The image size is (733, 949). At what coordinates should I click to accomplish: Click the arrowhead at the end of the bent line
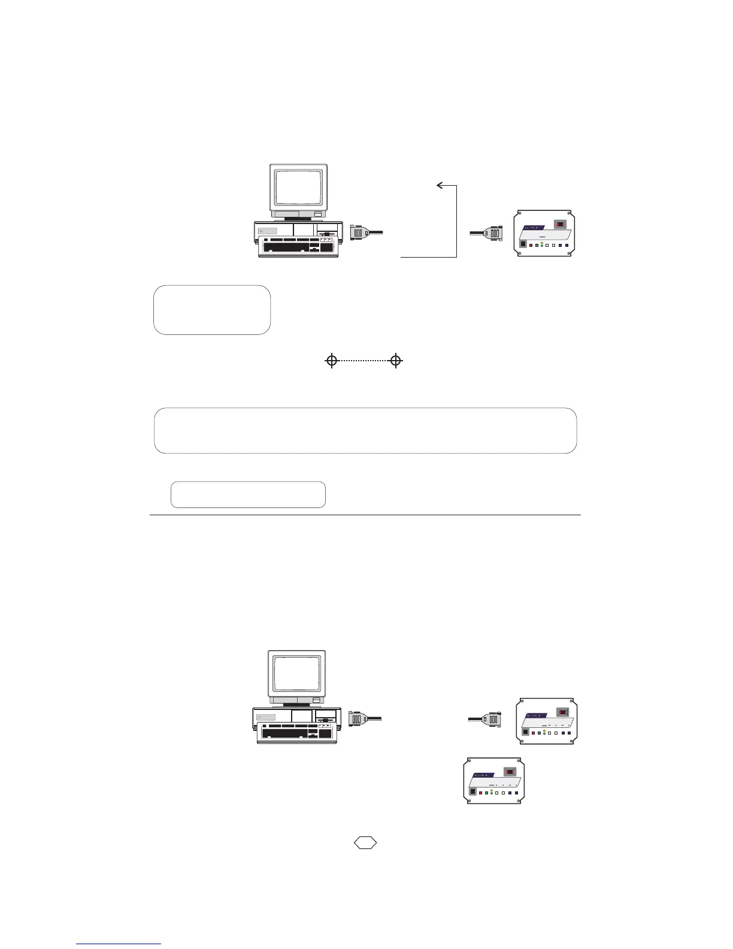pos(440,186)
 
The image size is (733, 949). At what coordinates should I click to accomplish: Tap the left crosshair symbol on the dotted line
pos(332,361)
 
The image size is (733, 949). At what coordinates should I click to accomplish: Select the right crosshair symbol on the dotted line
pos(395,361)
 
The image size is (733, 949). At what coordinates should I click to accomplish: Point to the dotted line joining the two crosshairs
pos(364,361)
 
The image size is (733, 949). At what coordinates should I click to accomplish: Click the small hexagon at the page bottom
pos(365,842)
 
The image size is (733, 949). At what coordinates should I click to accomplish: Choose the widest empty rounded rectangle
pos(365,431)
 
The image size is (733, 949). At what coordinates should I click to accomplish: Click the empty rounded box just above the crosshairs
pos(212,310)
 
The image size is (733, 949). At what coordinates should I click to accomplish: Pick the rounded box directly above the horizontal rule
pos(248,494)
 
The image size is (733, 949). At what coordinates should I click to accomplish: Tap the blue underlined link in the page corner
pos(119,943)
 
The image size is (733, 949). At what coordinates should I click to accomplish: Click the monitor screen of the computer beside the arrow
pos(298,188)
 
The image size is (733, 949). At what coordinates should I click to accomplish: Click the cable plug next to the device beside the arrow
pos(495,233)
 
